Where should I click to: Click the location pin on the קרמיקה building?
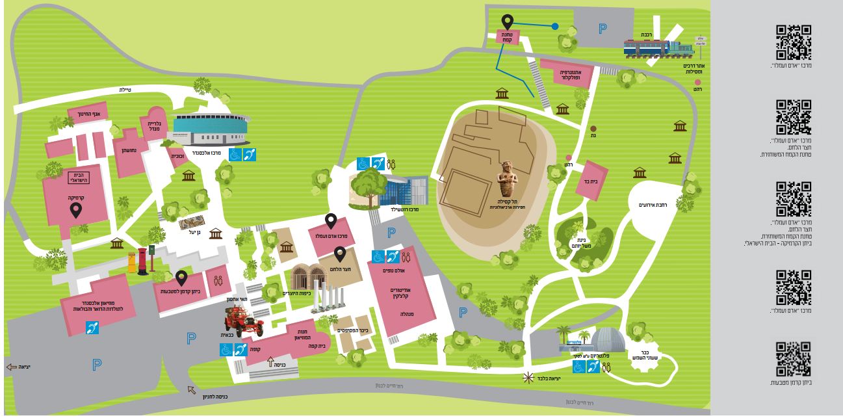tap(76, 210)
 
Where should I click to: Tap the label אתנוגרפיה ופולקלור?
tap(567, 74)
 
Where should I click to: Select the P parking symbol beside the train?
tap(602, 29)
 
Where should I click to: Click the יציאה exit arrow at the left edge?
tap(12, 367)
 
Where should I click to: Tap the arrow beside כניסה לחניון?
tap(192, 390)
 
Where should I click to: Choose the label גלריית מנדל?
tap(155, 126)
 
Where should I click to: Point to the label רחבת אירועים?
tap(649, 205)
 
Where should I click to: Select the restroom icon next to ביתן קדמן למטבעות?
tap(217, 281)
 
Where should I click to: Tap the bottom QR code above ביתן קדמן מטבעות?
tap(794, 359)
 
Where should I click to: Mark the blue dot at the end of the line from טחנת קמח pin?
tap(554, 27)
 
